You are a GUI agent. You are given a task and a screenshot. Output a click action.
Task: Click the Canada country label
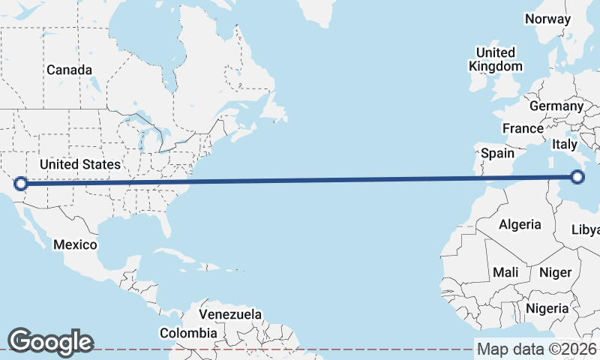pos(69,70)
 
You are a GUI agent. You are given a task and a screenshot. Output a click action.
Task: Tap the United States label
pos(79,164)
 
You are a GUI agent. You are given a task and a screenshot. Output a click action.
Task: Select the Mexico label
pos(75,244)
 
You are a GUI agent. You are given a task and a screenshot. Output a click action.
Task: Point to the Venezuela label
pos(230,314)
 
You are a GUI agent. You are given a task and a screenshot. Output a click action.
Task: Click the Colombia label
pos(188,333)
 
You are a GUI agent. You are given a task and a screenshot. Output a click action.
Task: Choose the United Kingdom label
pos(495,59)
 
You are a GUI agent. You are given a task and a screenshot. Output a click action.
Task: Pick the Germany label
pos(556,106)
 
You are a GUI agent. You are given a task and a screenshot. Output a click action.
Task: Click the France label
pos(523,128)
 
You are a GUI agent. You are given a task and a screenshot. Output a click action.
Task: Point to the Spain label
pos(497,154)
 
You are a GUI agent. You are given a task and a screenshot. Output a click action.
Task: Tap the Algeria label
pos(520,224)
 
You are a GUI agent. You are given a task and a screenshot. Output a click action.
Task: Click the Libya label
pos(586,229)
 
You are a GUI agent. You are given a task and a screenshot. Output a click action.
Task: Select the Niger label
pos(556,272)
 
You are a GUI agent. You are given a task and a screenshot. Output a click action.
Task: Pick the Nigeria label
pos(547,307)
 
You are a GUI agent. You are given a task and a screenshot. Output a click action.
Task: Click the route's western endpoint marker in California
pos(21,183)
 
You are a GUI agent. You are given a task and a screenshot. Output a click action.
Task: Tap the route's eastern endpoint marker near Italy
pos(577,177)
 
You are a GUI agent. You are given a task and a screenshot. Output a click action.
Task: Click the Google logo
pos(50,341)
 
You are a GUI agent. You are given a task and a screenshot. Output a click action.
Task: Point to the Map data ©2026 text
pos(536,349)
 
